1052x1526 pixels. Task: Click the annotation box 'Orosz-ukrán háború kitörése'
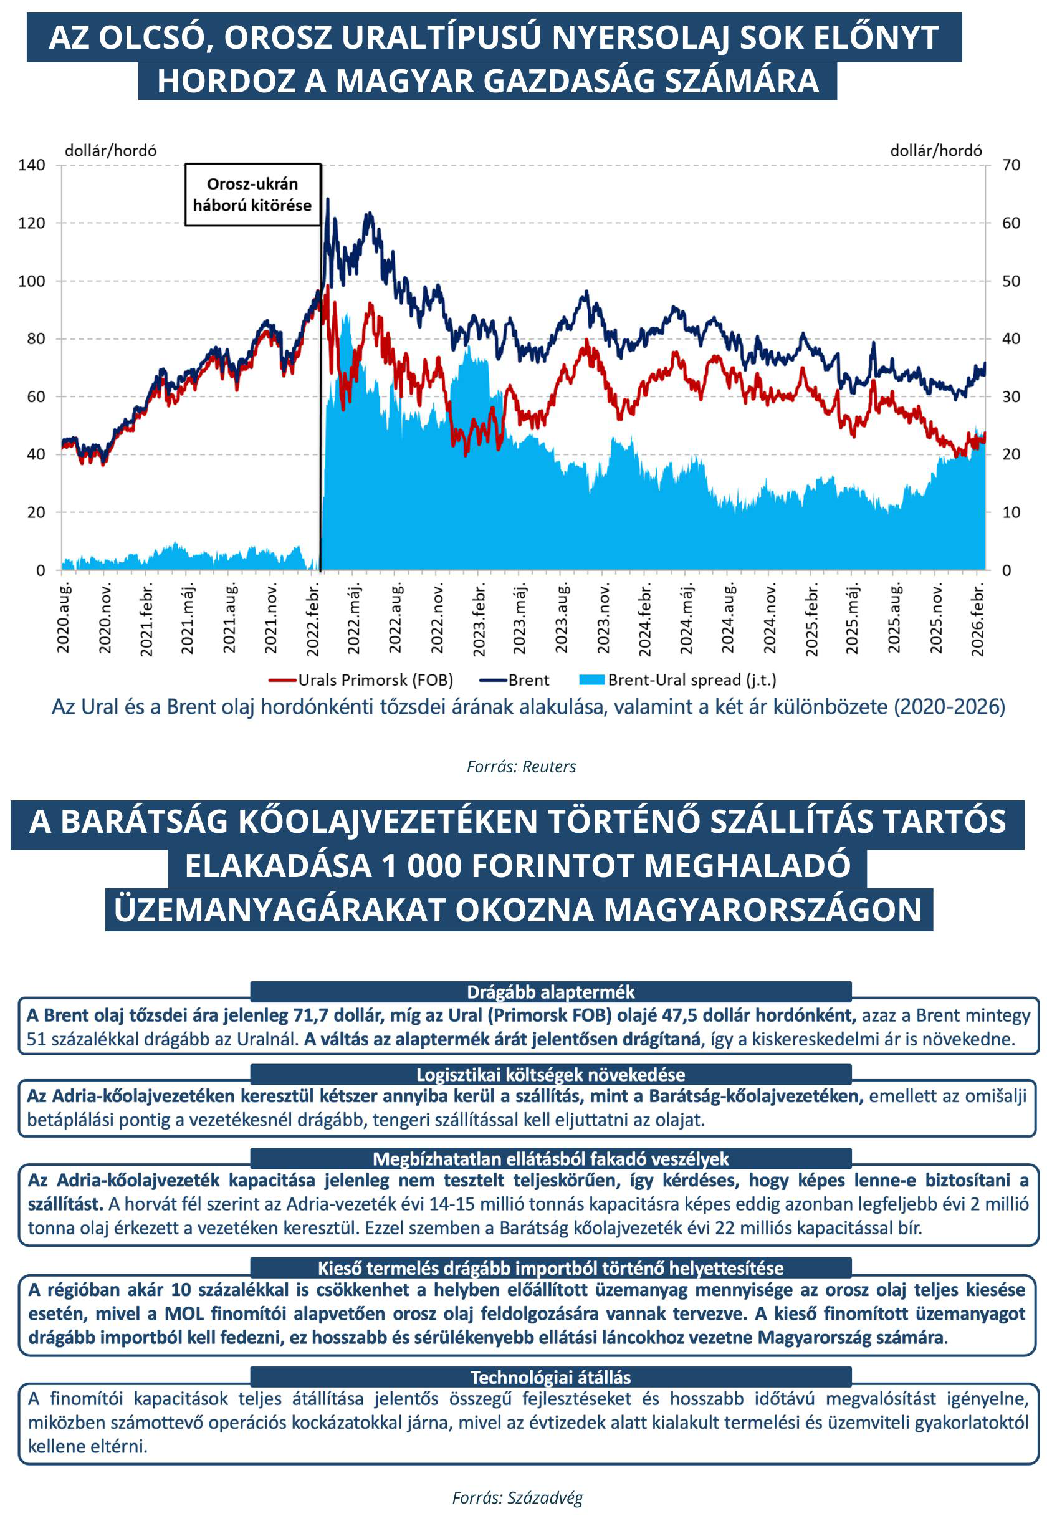[252, 194]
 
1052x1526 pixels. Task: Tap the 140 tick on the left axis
[32, 165]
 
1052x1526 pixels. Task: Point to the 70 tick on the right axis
[1010, 165]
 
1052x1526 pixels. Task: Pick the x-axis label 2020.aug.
[64, 618]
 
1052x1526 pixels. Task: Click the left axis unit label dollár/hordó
[111, 150]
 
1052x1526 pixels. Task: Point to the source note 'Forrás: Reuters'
[522, 766]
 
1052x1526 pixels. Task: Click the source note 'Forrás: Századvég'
[517, 1498]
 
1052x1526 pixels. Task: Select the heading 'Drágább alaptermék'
[550, 991]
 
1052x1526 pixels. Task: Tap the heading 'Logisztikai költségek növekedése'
[550, 1075]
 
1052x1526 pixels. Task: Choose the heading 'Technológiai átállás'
[550, 1377]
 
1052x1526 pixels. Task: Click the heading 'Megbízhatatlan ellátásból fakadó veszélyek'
[550, 1159]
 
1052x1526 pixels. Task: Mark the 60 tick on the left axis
[36, 396]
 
